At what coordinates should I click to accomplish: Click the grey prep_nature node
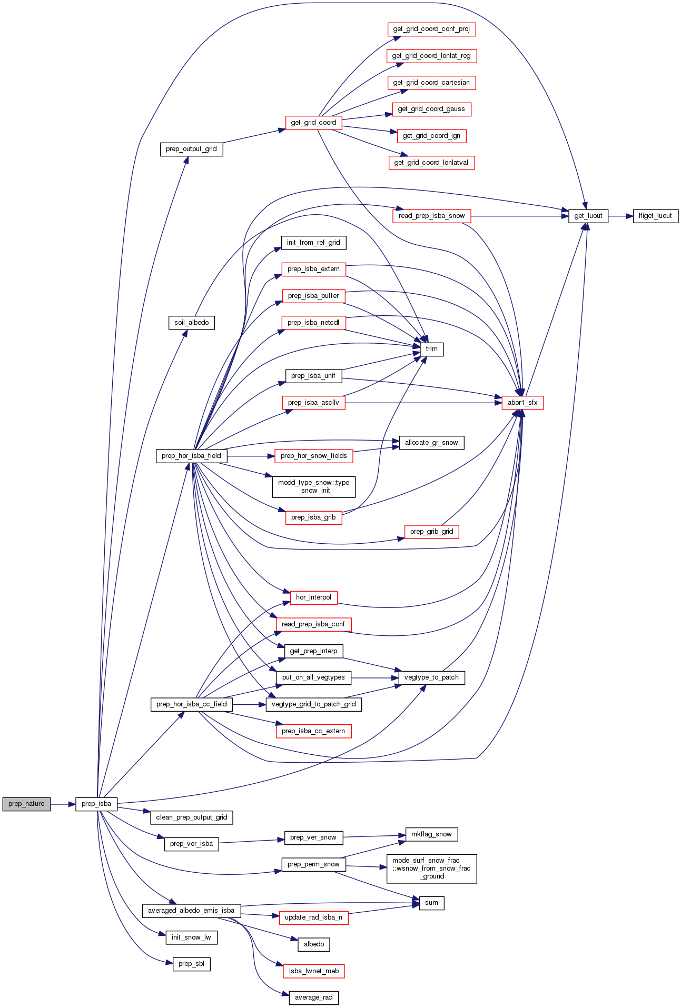click(26, 804)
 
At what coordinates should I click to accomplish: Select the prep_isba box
click(96, 804)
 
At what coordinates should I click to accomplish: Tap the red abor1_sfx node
click(522, 403)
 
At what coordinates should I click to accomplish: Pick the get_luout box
click(588, 216)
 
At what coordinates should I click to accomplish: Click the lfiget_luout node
click(655, 216)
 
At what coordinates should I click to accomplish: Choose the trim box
click(431, 349)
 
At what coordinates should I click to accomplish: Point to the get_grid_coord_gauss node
click(431, 109)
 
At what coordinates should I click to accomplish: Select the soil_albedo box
click(192, 323)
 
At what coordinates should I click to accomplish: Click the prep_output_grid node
click(191, 149)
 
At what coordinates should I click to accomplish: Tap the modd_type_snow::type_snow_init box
click(313, 486)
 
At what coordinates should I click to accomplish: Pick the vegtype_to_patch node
click(431, 677)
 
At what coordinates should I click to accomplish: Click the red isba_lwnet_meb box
click(314, 971)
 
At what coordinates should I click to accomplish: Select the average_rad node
click(314, 997)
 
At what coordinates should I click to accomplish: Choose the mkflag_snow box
click(431, 834)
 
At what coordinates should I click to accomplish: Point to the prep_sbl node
click(192, 964)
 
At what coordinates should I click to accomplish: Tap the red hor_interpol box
click(313, 597)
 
